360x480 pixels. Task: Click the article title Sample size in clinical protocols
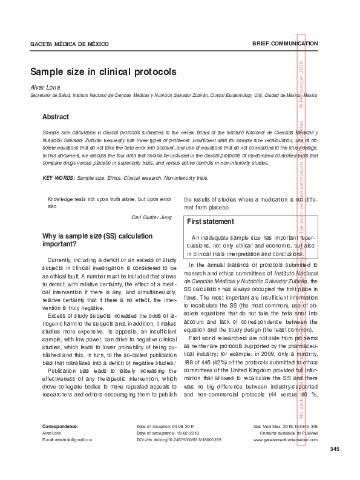point(103,71)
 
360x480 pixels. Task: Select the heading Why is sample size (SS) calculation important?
point(89,240)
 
